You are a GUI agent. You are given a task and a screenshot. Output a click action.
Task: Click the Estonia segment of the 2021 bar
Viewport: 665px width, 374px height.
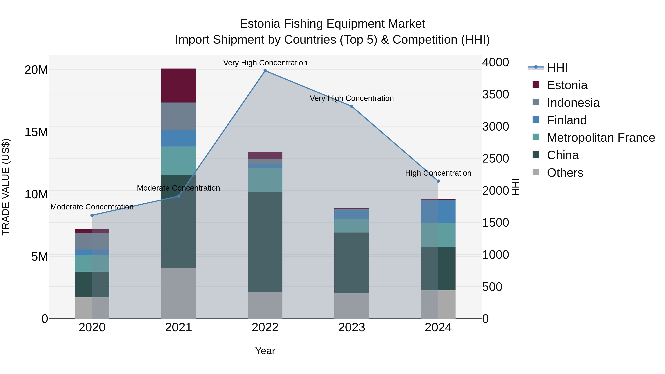point(178,86)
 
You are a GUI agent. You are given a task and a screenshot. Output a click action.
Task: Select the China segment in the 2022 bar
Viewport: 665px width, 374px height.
point(265,242)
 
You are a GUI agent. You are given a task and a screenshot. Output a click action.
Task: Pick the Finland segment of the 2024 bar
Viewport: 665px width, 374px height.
point(438,211)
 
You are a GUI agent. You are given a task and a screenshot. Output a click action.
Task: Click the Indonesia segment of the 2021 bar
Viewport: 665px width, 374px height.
point(178,116)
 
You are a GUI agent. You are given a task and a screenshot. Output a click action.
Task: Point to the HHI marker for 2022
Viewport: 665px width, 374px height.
point(265,71)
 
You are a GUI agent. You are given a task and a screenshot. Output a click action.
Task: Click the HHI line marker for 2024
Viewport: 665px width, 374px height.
point(438,181)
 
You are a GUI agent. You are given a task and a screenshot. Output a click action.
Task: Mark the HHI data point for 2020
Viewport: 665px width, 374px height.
point(92,215)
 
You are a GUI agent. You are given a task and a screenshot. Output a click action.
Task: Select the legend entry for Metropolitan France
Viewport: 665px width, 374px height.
point(601,138)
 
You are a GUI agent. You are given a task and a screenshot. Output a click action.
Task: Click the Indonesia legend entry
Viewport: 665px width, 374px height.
point(573,103)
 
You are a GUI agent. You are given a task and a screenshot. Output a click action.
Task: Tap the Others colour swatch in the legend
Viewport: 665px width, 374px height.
point(536,172)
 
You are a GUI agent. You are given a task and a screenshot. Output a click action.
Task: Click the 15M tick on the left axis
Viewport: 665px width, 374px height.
point(36,132)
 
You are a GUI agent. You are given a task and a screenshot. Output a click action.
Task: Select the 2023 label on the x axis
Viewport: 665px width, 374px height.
point(351,327)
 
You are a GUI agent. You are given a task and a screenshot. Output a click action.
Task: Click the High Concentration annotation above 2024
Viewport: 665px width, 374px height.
point(438,173)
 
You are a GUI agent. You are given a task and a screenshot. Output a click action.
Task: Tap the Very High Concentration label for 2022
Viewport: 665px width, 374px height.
point(265,63)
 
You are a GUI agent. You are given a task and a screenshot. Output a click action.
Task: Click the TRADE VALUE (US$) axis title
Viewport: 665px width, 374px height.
point(6,187)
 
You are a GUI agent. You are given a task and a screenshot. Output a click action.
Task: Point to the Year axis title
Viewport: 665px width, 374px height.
point(265,351)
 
